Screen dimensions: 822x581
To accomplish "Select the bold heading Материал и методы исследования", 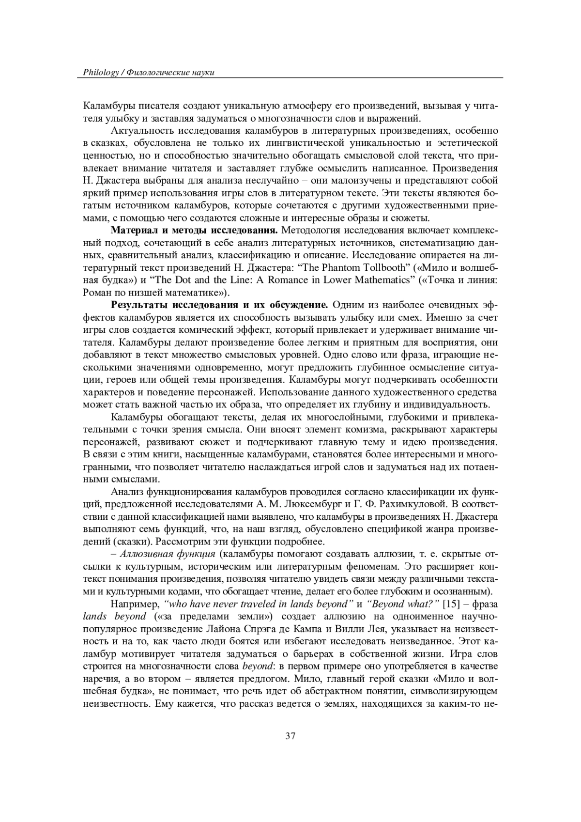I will click(195, 230).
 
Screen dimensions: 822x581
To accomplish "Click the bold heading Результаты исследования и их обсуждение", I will click(220, 305).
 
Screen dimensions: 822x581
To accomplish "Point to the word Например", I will click(135, 605).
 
